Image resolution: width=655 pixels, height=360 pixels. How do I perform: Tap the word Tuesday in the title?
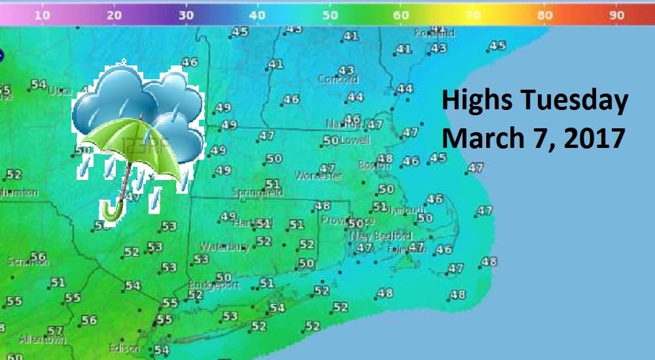tap(575, 102)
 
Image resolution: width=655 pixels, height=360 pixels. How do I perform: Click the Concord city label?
tap(338, 79)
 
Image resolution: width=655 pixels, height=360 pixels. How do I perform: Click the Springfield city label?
tap(258, 192)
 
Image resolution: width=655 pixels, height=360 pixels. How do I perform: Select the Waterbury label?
tap(226, 247)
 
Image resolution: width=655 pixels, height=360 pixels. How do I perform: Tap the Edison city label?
tap(124, 349)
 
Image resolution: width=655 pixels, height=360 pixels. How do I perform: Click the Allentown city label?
tap(43, 340)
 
